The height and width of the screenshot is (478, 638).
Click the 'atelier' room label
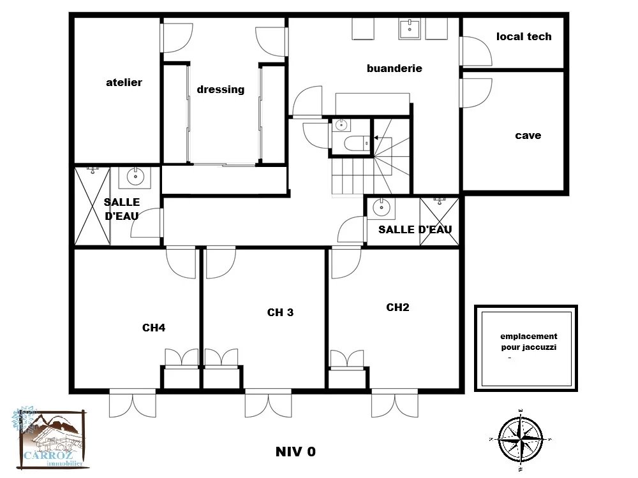[x=124, y=82]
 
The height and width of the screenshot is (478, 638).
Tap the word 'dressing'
[x=221, y=89]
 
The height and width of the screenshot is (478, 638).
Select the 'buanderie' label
[x=394, y=68]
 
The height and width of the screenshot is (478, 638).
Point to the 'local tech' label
[x=524, y=36]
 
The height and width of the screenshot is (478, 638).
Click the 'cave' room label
[x=528, y=135]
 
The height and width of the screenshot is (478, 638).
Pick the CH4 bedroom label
[x=154, y=328]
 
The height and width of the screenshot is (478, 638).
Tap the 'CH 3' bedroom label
[x=280, y=312]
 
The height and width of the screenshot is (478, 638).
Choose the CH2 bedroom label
[x=397, y=307]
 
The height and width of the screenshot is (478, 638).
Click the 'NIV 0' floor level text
[x=295, y=452]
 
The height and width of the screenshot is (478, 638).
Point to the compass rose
[x=521, y=440]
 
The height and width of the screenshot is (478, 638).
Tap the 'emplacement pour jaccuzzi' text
[x=528, y=342]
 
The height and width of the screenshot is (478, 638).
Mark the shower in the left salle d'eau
[x=93, y=206]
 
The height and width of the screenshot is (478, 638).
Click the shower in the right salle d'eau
[x=440, y=222]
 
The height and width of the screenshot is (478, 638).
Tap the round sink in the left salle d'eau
[x=135, y=177]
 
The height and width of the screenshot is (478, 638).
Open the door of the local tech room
[x=476, y=51]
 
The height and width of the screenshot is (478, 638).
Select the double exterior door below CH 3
[x=268, y=403]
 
